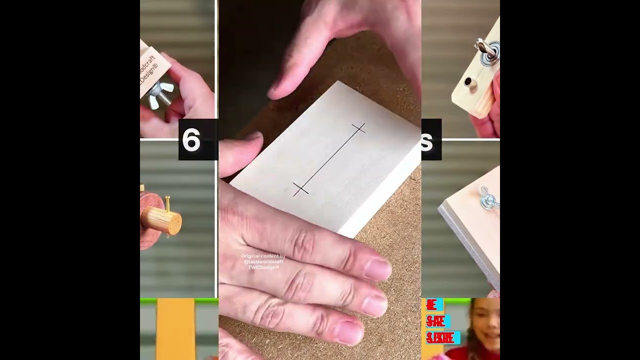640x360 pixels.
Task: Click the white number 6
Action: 191,140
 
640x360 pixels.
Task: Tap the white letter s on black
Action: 426,142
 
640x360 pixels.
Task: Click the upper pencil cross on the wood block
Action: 358,128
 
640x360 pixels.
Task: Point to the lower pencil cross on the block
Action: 300,188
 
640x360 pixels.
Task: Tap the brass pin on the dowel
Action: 168,203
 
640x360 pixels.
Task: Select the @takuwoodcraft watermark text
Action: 263,261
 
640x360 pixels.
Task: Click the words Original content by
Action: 263,256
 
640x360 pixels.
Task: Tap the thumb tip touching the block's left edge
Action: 252,142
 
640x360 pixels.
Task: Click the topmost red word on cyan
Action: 432,305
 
